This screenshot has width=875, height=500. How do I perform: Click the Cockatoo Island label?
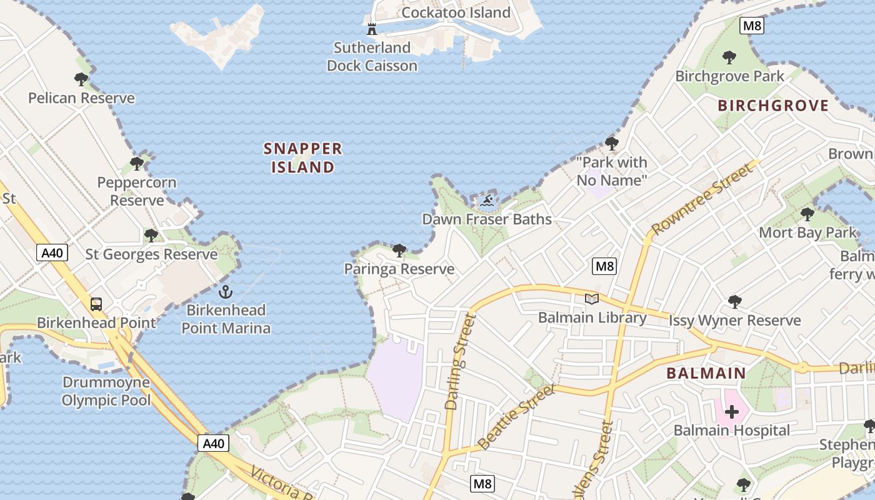[x=456, y=12]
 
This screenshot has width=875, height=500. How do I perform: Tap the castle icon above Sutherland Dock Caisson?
[x=372, y=29]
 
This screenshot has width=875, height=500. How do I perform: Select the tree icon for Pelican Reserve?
[x=81, y=79]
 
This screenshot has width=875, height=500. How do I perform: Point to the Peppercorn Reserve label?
[x=137, y=191]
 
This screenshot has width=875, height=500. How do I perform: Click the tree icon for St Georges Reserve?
[x=151, y=236]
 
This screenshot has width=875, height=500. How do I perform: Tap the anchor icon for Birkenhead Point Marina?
[x=225, y=291]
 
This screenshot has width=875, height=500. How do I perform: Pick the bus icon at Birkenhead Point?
[x=96, y=304]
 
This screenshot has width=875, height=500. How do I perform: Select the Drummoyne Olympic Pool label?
[x=106, y=391]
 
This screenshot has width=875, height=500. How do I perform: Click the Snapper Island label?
[x=303, y=157]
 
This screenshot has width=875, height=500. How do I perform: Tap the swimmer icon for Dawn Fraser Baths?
[x=487, y=201]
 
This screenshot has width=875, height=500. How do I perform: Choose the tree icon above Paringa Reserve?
[x=399, y=251]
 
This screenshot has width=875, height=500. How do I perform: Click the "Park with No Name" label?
[x=611, y=171]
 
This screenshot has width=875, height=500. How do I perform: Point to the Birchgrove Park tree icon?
[x=729, y=58]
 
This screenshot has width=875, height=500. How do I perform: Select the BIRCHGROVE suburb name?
[x=773, y=106]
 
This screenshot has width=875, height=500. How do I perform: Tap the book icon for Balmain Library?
[x=591, y=299]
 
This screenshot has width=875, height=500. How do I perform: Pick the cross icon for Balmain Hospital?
[x=731, y=412]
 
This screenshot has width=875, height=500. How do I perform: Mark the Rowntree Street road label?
[x=703, y=198]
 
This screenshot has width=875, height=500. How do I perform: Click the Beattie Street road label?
[x=516, y=417]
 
